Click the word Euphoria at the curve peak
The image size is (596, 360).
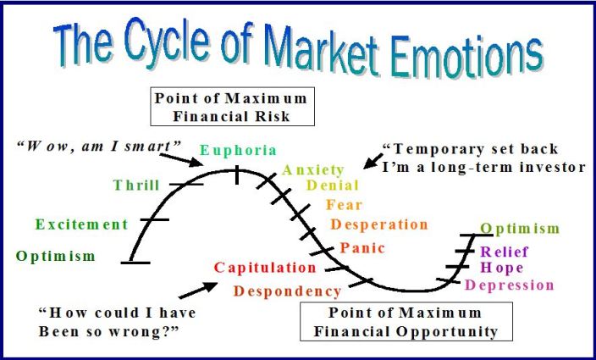tap(238, 151)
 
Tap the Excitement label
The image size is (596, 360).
tap(81, 224)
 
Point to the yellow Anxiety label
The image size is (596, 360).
tap(313, 170)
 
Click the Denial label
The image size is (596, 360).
tap(333, 186)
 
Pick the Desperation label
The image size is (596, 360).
tap(379, 224)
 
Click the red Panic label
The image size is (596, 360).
tap(362, 248)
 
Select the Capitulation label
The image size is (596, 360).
tap(265, 268)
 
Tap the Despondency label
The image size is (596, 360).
tap(288, 292)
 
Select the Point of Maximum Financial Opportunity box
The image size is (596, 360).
tap(406, 322)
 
